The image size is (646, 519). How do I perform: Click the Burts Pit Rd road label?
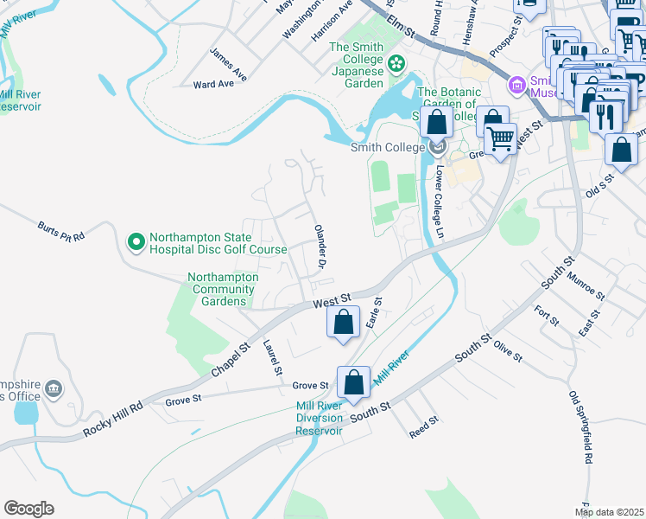60,231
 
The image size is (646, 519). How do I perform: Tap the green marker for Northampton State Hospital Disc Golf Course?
136,242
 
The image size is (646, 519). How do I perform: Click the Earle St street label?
373,311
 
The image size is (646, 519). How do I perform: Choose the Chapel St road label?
231,358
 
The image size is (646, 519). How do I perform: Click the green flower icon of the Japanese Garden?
396,62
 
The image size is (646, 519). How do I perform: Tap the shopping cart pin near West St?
500,138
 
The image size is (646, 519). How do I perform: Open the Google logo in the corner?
28,509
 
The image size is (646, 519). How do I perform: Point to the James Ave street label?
228,65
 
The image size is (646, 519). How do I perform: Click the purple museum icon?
517,85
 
